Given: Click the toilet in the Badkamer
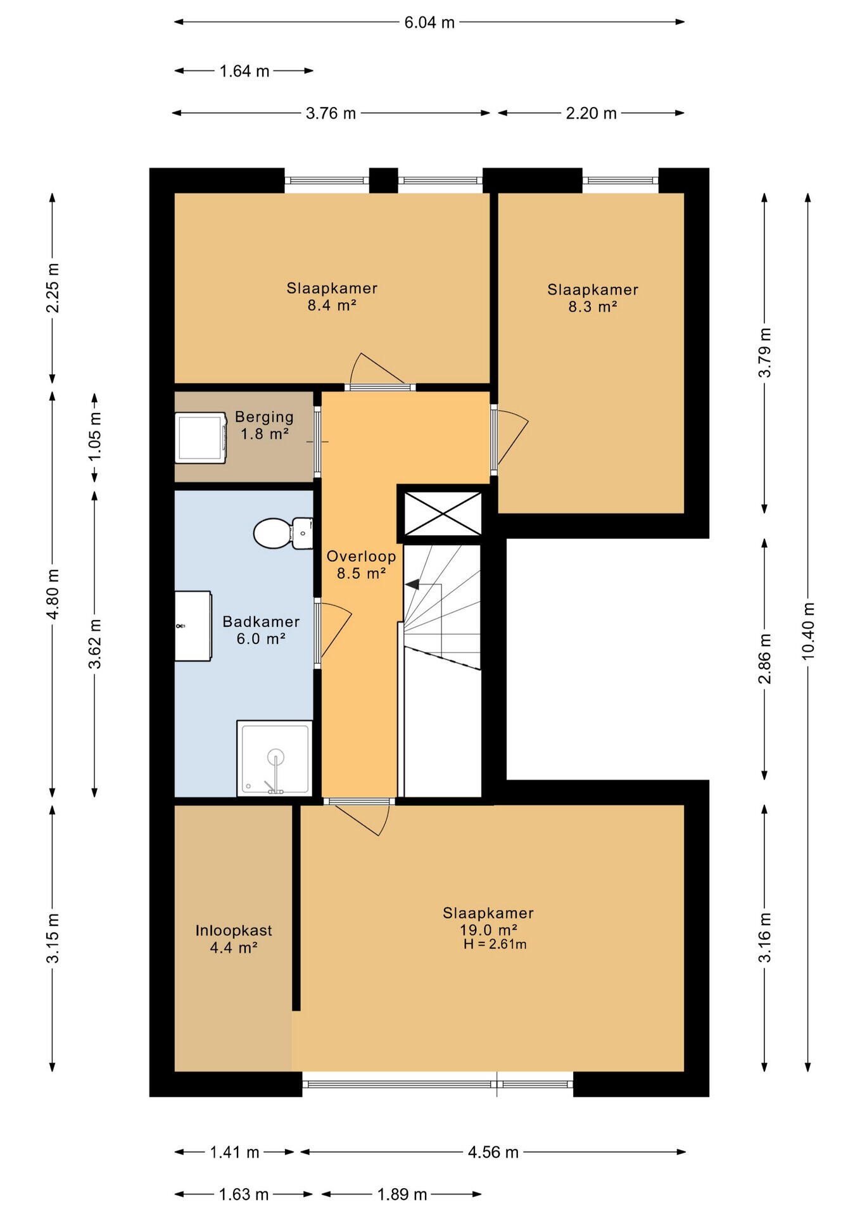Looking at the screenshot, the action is [282, 533].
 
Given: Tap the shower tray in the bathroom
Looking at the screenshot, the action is [275, 757].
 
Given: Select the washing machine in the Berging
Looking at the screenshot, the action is [201, 438].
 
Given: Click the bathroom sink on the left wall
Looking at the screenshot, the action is [193, 626].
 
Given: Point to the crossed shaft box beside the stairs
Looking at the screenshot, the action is [443, 514].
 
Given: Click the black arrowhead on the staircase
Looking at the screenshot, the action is [412, 584].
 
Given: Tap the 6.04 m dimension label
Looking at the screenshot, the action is [429, 23].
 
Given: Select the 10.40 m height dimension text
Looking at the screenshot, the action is [808, 631].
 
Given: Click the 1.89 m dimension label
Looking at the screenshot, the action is [402, 1194].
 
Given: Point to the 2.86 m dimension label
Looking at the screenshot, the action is [765, 659].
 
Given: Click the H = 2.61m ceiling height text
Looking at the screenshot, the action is [495, 944].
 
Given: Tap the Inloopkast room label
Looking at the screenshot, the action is [234, 930].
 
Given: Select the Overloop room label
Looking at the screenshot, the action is [361, 557].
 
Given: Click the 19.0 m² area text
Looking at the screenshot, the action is [489, 930].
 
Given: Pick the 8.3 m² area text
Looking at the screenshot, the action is [593, 307].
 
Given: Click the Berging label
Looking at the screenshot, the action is [264, 417].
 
